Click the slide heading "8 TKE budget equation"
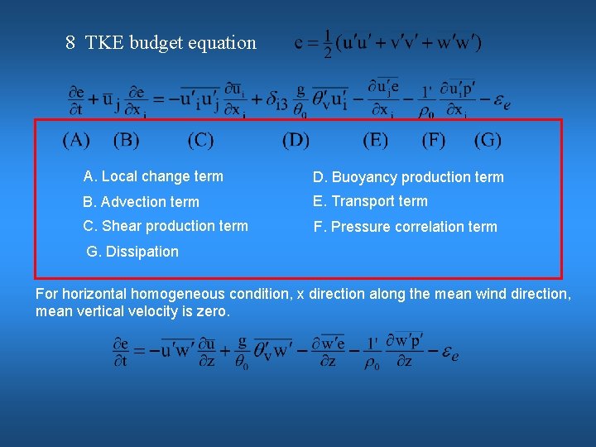pyautogui.click(x=161, y=43)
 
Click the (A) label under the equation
pyautogui.click(x=76, y=141)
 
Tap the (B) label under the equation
pyautogui.click(x=127, y=141)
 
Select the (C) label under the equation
pyautogui.click(x=200, y=141)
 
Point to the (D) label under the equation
pyautogui.click(x=296, y=141)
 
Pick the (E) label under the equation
pyautogui.click(x=375, y=141)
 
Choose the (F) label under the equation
pyautogui.click(x=433, y=141)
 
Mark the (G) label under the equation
pyautogui.click(x=488, y=141)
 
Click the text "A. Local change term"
pyautogui.click(x=153, y=176)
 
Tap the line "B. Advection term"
pyautogui.click(x=141, y=202)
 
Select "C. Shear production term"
pyautogui.click(x=166, y=226)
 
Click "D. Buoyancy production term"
pyautogui.click(x=407, y=177)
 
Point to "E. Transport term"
pyautogui.click(x=370, y=201)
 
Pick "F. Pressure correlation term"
pyautogui.click(x=405, y=227)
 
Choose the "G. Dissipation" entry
pyautogui.click(x=132, y=252)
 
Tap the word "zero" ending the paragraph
pyautogui.click(x=214, y=312)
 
